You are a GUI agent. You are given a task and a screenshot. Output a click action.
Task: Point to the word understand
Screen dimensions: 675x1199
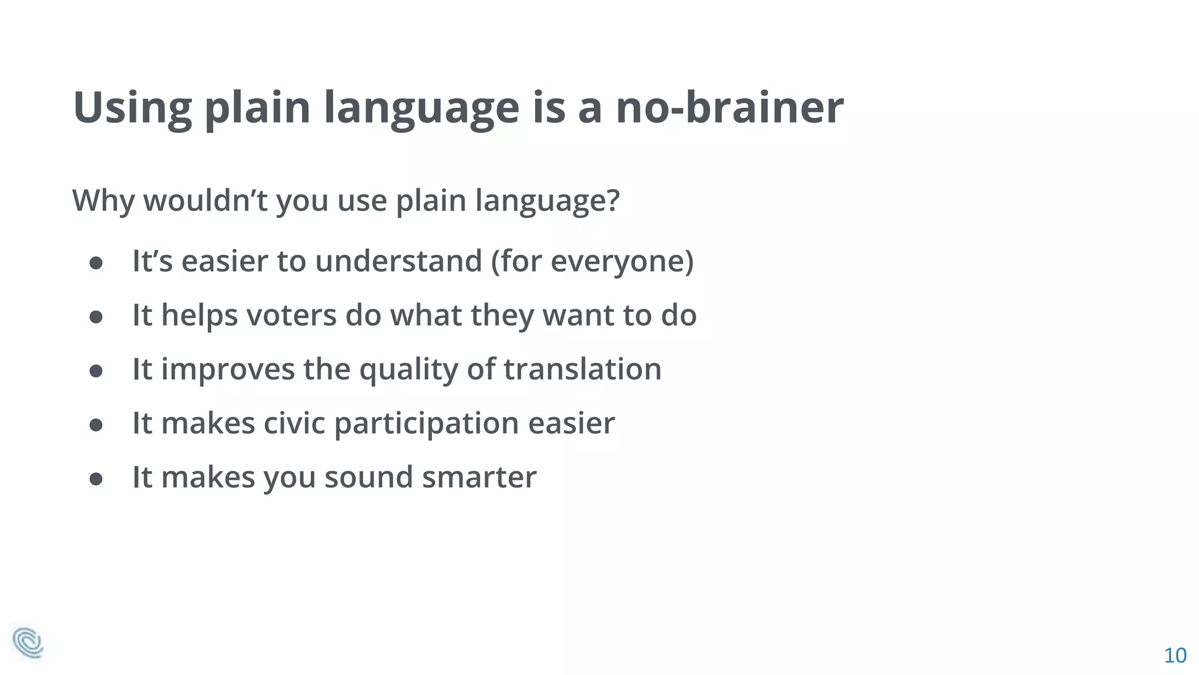click(398, 261)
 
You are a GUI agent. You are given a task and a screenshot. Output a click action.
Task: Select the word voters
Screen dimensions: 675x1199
click(291, 315)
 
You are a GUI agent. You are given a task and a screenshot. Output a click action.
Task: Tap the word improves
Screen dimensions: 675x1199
click(228, 370)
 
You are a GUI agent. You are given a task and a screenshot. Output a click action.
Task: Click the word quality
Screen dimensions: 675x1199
click(408, 370)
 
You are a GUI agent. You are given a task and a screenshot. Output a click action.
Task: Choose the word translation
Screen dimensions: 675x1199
click(583, 369)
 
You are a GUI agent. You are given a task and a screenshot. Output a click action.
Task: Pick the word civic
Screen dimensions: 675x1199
click(294, 423)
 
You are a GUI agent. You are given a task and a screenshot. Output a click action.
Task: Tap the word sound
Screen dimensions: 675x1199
click(369, 477)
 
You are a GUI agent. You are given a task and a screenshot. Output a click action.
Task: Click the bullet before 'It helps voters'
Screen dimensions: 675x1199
click(96, 317)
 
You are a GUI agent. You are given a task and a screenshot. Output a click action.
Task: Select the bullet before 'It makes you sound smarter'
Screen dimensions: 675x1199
click(96, 479)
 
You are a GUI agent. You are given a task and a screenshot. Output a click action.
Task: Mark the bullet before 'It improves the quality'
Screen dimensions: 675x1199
click(96, 371)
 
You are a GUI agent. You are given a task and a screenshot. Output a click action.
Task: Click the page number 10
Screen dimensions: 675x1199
click(1174, 655)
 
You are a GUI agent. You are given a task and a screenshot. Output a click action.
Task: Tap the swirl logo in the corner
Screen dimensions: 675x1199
click(28, 643)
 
